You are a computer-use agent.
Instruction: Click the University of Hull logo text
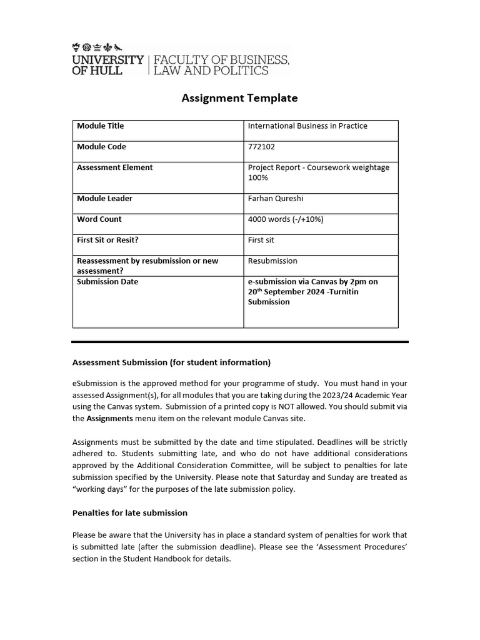(x=107, y=65)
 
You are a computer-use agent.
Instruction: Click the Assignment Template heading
(x=239, y=98)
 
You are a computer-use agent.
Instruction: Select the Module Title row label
(x=100, y=126)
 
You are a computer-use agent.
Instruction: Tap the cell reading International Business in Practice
(x=307, y=126)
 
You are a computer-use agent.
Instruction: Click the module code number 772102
(x=261, y=147)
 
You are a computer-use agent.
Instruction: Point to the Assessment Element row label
(x=114, y=167)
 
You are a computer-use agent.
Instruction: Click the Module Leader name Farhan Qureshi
(x=275, y=199)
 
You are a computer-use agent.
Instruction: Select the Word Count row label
(x=99, y=219)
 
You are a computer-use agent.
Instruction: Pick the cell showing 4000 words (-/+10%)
(x=285, y=219)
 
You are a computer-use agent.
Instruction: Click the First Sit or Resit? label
(x=107, y=240)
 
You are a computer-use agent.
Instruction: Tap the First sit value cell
(x=261, y=240)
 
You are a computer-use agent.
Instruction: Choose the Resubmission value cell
(x=272, y=261)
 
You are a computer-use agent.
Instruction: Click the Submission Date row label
(x=107, y=282)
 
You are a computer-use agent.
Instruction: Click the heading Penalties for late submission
(x=130, y=513)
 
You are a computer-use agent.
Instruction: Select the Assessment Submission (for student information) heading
(x=171, y=362)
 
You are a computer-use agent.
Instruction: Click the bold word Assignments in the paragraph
(x=109, y=418)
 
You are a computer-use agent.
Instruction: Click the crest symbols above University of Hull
(x=97, y=46)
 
